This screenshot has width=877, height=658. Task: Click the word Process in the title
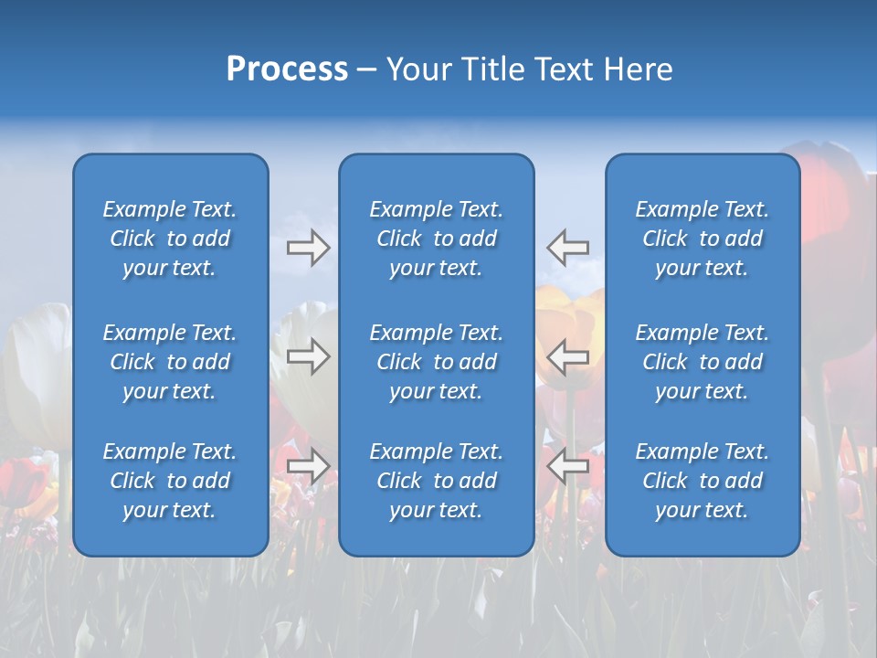pyautogui.click(x=287, y=69)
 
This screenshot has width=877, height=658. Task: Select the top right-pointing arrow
pyautogui.click(x=308, y=248)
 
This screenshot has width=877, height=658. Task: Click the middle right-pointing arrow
pyautogui.click(x=308, y=356)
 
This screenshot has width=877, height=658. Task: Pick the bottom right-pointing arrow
pyautogui.click(x=308, y=466)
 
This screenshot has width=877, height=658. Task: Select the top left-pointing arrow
pyautogui.click(x=568, y=248)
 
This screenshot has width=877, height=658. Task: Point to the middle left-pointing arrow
pyautogui.click(x=568, y=356)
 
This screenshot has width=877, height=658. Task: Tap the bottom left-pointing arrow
pyautogui.click(x=568, y=466)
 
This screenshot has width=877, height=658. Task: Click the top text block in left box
pyautogui.click(x=170, y=239)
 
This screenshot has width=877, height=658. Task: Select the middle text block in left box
pyautogui.click(x=170, y=362)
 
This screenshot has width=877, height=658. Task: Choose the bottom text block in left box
pyautogui.click(x=170, y=481)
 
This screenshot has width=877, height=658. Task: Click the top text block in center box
pyautogui.click(x=436, y=239)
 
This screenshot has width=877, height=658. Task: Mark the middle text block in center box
pyautogui.click(x=436, y=362)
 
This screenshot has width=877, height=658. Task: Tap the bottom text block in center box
pyautogui.click(x=436, y=481)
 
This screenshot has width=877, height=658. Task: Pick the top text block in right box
pyautogui.click(x=702, y=239)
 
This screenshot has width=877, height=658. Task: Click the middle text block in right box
pyautogui.click(x=702, y=362)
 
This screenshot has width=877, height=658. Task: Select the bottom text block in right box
pyautogui.click(x=702, y=481)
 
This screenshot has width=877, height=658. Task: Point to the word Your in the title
pyautogui.click(x=421, y=69)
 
